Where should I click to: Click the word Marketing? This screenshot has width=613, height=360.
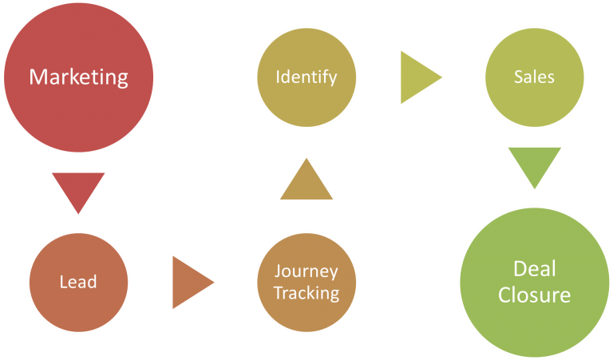(x=78, y=77)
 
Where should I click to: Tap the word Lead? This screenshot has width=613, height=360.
(x=78, y=282)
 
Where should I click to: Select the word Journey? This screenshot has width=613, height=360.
(x=306, y=271)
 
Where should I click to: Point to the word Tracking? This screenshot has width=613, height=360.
(x=306, y=293)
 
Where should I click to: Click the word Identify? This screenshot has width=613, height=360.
(x=306, y=77)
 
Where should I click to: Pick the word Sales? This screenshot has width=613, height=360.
(x=534, y=77)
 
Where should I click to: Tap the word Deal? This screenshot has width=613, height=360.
(x=534, y=268)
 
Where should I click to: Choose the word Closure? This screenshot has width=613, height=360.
(x=534, y=295)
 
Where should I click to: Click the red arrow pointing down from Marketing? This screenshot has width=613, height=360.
(x=78, y=190)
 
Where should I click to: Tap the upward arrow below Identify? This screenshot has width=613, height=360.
(x=306, y=181)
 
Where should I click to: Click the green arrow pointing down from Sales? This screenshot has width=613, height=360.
(x=534, y=164)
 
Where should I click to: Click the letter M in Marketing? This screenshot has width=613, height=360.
(x=37, y=77)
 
